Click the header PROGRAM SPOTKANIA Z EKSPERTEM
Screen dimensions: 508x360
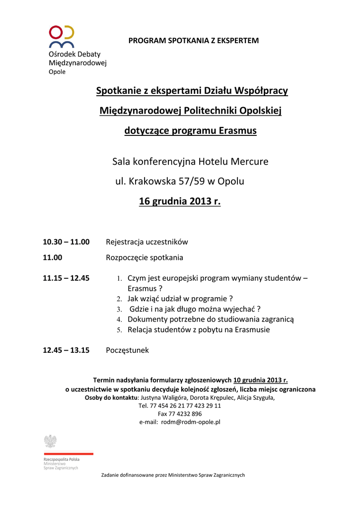tap(194, 40)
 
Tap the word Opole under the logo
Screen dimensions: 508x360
tap(57, 71)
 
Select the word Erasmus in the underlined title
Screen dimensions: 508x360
tap(237, 131)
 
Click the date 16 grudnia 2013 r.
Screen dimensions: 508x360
tap(180, 202)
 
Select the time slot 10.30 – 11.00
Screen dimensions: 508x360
tap(66, 242)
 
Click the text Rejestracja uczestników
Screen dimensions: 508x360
tap(147, 242)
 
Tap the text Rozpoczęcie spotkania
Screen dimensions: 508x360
tap(144, 257)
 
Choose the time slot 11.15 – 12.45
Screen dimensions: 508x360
tap(66, 278)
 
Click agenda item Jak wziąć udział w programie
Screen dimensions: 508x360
tap(180, 299)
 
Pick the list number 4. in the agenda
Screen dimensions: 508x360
tap(119, 320)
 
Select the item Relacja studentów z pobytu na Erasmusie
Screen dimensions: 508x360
tap(199, 330)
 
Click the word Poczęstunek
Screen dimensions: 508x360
tap(127, 350)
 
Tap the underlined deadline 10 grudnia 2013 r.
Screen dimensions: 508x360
tap(261, 381)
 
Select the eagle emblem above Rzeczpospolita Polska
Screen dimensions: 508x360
tap(50, 441)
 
